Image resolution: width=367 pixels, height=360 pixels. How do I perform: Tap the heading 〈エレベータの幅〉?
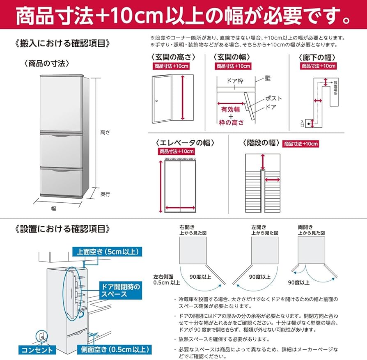pyautogui.click(x=182, y=142)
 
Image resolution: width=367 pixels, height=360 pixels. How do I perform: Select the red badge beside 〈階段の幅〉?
pyautogui.click(x=300, y=144)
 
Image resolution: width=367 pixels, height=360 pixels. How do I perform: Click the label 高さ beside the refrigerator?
pyautogui.click(x=105, y=132)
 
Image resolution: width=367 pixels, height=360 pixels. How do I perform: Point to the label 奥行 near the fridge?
pyautogui.click(x=106, y=194)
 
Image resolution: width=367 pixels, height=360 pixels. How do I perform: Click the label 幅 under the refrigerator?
pyautogui.click(x=54, y=209)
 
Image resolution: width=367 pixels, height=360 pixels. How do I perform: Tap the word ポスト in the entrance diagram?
pyautogui.click(x=273, y=98)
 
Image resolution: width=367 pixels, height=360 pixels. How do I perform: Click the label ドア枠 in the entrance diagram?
pyautogui.click(x=235, y=81)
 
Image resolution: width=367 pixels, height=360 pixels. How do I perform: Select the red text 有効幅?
pyautogui.click(x=230, y=110)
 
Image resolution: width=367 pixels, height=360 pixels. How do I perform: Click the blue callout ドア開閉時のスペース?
pyautogui.click(x=119, y=290)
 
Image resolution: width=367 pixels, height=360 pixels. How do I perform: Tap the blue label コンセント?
pyautogui.click(x=38, y=350)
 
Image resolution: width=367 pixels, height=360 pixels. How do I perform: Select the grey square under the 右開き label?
pyautogui.click(x=193, y=250)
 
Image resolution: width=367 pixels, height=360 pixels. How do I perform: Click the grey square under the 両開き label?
pyautogui.click(x=311, y=250)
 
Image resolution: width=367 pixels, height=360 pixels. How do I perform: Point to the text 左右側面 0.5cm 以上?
pyautogui.click(x=167, y=279)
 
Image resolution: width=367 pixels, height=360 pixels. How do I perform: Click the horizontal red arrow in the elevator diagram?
pyautogui.click(x=180, y=207)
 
